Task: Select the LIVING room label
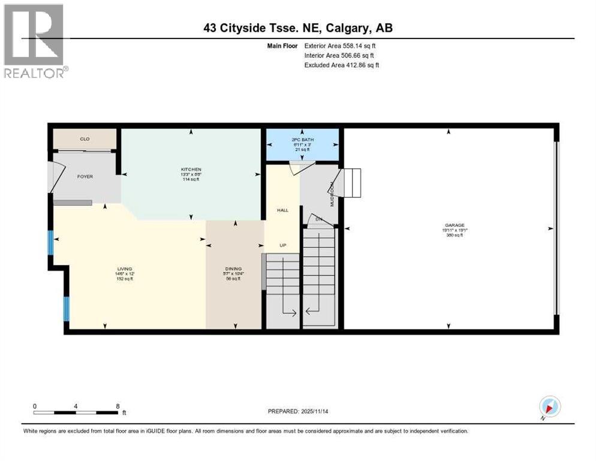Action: [125, 268]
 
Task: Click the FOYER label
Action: [85, 176]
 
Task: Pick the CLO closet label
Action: [85, 139]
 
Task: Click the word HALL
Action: [282, 210]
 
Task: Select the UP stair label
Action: [282, 246]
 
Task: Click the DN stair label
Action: [319, 219]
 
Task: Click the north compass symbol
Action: [549, 406]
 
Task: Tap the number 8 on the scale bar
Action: [118, 406]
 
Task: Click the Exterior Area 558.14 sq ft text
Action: [340, 45]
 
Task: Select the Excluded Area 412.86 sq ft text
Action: [341, 65]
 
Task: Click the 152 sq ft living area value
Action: [125, 279]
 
